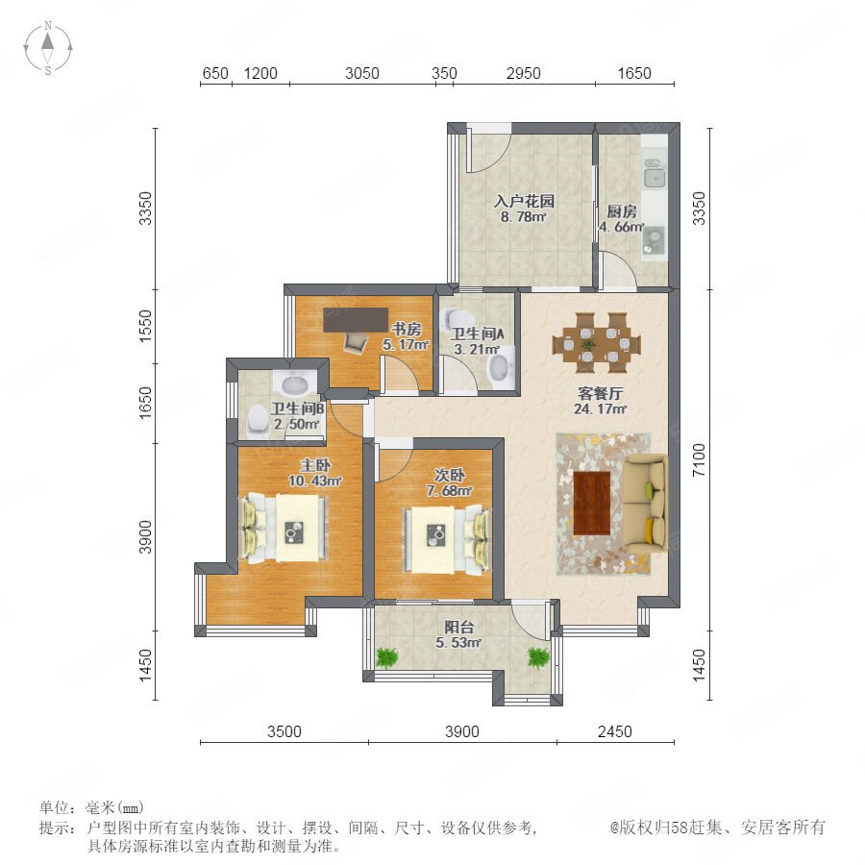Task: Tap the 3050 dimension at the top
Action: pos(362,73)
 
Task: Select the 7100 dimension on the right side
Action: pos(699,459)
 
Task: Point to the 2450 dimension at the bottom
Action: pos(614,731)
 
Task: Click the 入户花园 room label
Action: pos(524,201)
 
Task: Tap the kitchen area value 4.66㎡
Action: pos(622,227)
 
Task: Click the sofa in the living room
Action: pos(645,503)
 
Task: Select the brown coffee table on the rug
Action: pos(592,503)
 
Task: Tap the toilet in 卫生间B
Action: pos(257,420)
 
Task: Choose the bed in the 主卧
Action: pos(284,528)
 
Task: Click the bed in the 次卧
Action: pos(447,540)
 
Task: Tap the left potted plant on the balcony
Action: pos(386,657)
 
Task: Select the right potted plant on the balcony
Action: pos(538,657)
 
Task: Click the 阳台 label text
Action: pos(459,627)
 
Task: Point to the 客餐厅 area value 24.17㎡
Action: pos(600,408)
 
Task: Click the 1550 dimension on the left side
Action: pos(145,326)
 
